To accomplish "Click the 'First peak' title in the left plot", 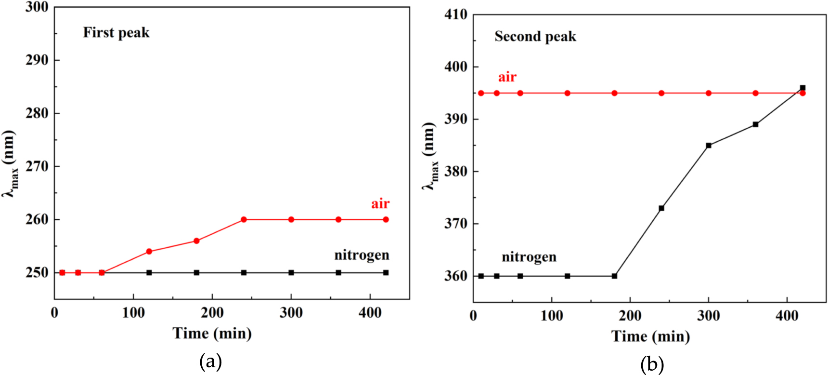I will [116, 33].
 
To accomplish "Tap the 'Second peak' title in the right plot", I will [535, 37].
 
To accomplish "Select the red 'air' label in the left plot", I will [380, 204].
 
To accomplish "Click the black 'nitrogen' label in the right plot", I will [529, 257].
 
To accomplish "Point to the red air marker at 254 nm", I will [149, 251].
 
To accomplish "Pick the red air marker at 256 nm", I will [196, 241].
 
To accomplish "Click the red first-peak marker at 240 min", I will [244, 219].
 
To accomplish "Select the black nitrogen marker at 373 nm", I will [661, 208].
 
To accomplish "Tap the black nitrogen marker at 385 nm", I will [709, 145].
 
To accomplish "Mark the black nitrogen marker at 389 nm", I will [755, 124].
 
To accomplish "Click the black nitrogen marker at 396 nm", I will [802, 88].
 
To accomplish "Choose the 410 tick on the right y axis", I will [455, 14].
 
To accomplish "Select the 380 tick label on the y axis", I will [455, 172].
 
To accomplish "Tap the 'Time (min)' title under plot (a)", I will [212, 333].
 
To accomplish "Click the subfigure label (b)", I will [652, 364].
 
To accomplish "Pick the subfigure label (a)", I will [210, 361].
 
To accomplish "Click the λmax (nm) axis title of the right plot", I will [429, 156].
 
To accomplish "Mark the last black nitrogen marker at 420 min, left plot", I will [386, 273].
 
